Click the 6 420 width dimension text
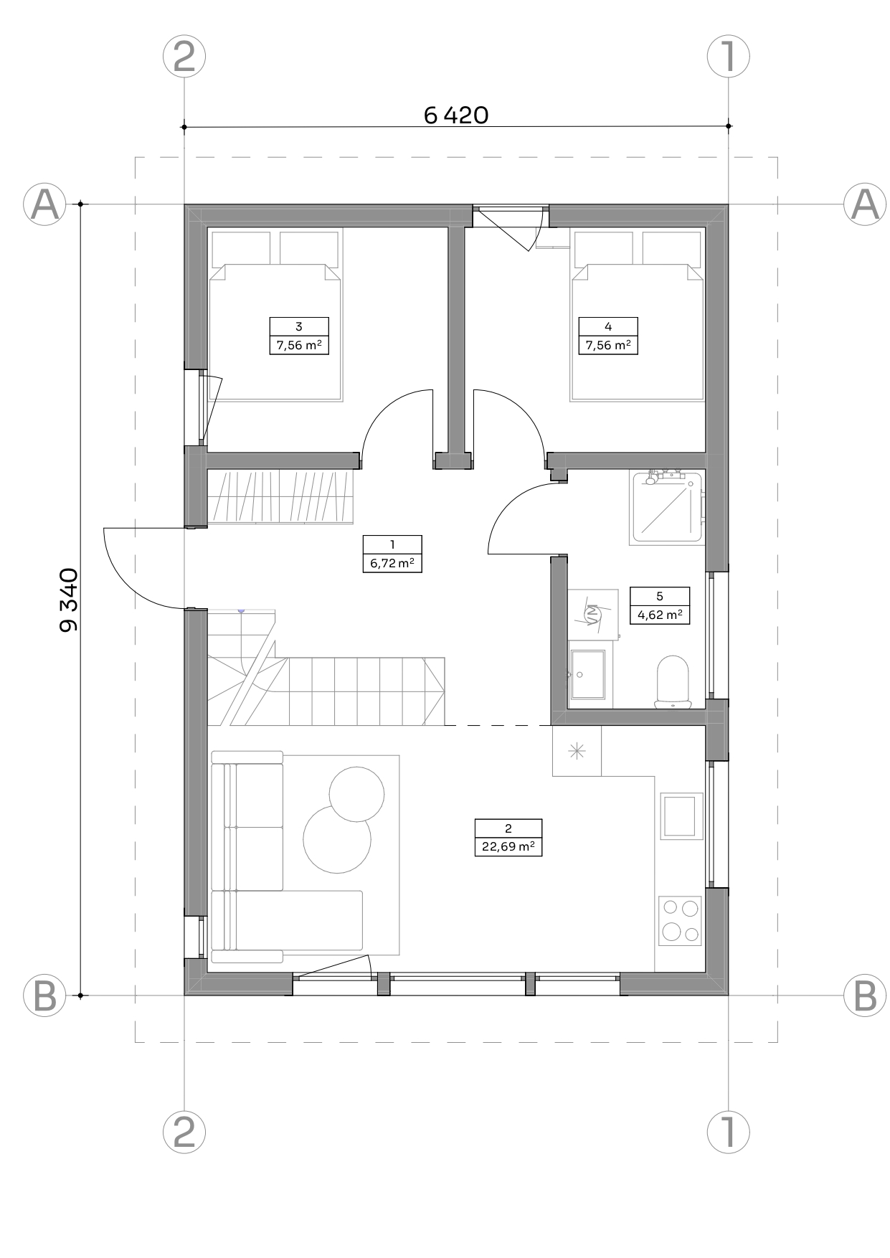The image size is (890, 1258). point(456,115)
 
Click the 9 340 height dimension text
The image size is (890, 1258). point(69,600)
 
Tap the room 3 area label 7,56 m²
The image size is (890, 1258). point(298,346)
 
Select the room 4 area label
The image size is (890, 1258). point(608,346)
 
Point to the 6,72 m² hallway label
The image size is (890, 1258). point(392,564)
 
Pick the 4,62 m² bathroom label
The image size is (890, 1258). point(659,615)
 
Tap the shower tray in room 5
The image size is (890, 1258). point(666,507)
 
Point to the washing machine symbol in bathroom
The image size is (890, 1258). point(593,613)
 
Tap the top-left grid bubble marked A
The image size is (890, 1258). point(45,204)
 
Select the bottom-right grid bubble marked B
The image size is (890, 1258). point(865,995)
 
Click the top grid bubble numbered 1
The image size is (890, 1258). point(729,57)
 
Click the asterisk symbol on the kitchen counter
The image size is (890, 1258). point(577,751)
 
